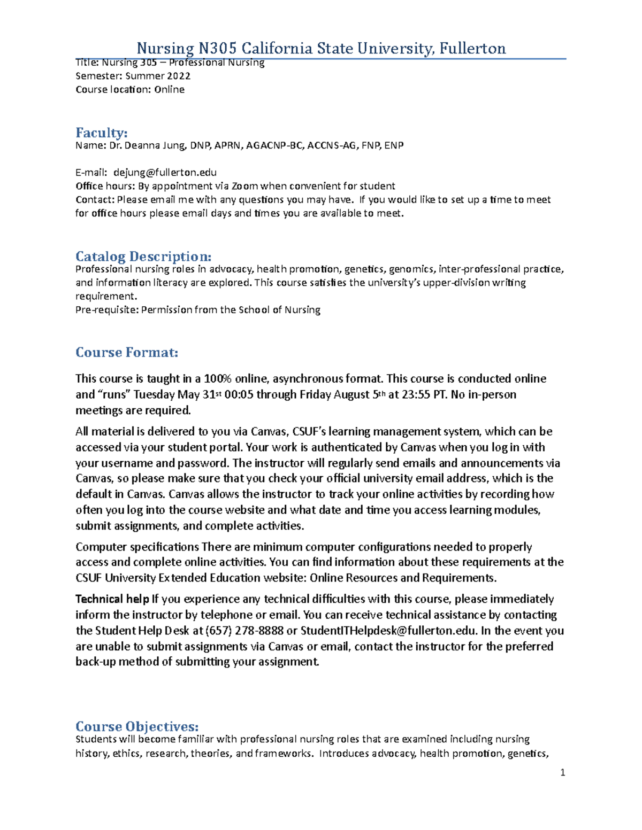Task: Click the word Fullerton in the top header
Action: [472, 49]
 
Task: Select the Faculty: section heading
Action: [101, 133]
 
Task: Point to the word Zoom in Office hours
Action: [244, 186]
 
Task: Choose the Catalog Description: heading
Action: [143, 256]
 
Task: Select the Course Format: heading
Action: [127, 352]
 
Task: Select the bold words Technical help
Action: [112, 599]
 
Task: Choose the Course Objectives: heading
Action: [137, 726]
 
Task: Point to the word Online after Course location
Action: [169, 90]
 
